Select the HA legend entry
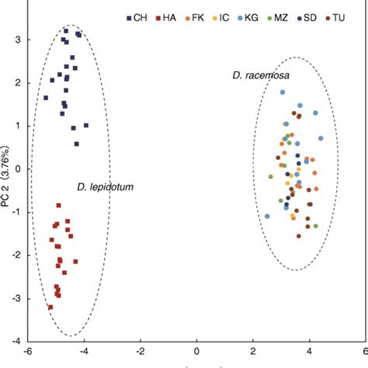pos(167,16)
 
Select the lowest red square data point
pos(50,307)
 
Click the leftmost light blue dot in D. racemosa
pos(267,217)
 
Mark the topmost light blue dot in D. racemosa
pos(283,92)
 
